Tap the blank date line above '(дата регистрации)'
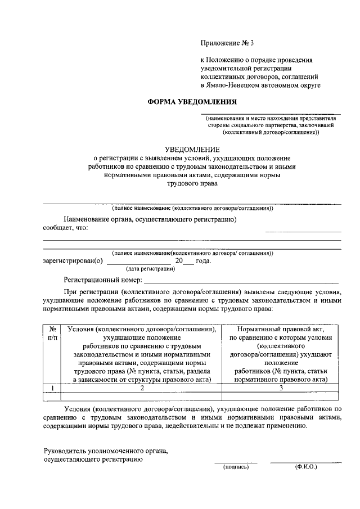point(138,263)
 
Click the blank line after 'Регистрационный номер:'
point(242,281)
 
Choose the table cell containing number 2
point(142,388)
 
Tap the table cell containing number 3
point(281,388)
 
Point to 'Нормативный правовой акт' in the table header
point(281,330)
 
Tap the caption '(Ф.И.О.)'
point(305,467)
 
